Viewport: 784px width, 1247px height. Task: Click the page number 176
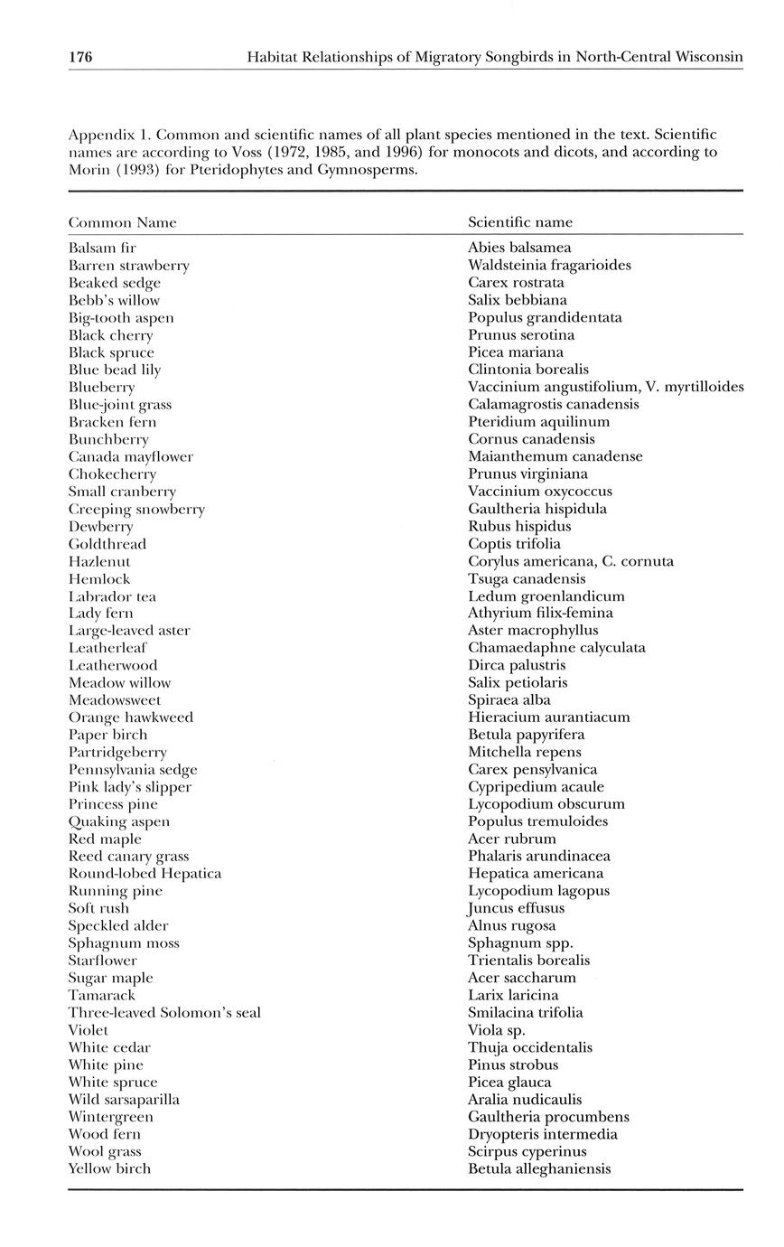point(80,58)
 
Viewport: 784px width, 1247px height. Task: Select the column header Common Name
point(122,222)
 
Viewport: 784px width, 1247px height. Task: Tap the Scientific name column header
point(519,222)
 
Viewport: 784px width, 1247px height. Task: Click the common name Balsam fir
point(102,248)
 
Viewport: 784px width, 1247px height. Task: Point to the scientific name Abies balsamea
point(519,248)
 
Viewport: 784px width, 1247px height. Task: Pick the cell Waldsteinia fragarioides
point(549,265)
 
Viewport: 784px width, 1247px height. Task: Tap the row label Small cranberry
point(122,492)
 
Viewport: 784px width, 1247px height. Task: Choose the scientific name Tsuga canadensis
point(527,578)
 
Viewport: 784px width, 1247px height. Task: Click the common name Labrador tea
point(112,596)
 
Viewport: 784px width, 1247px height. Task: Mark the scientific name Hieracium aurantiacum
point(548,717)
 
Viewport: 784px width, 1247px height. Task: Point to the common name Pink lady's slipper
point(130,787)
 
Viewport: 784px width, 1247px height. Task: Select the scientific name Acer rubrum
point(511,839)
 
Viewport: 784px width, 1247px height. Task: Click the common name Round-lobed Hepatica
point(145,874)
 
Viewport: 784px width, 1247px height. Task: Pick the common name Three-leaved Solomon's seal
point(164,1013)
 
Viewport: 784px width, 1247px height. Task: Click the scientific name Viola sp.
point(496,1030)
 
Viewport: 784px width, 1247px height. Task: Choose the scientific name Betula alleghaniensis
point(539,1169)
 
